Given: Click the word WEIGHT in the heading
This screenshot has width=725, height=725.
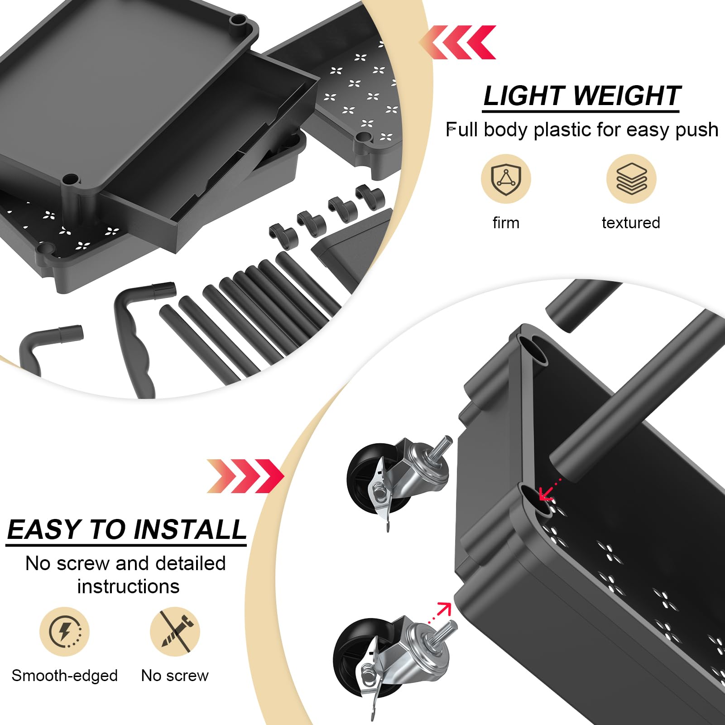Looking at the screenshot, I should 628,96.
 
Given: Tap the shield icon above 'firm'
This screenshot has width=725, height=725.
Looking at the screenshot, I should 506,179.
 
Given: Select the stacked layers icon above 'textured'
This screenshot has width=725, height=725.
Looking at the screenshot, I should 631,179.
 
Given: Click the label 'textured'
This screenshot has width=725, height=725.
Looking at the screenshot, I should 631,223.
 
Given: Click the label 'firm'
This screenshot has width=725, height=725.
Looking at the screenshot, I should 506,223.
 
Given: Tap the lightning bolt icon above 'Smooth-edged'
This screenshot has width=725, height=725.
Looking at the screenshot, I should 64,632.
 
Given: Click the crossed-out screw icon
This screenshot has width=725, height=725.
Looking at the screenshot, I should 175,632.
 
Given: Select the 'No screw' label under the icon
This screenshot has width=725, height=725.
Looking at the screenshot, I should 175,676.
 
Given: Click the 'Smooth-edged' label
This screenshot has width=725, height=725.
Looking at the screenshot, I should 64,676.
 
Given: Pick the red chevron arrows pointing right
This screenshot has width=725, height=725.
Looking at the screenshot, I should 245,476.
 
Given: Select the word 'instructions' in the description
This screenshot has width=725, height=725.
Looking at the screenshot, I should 128,587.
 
